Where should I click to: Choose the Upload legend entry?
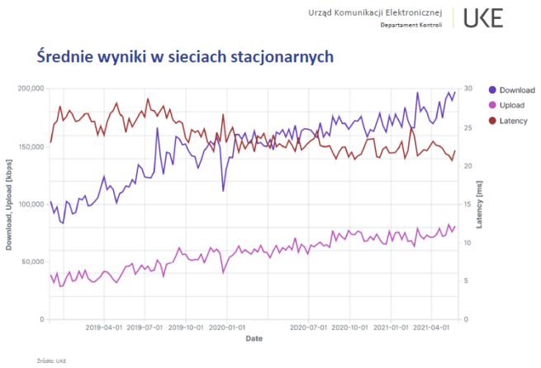[508, 105]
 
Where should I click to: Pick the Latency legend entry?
[510, 121]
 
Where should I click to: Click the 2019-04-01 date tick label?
[103, 327]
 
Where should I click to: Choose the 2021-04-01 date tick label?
[431, 327]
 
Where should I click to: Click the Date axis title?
[254, 339]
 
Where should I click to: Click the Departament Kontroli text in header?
[410, 25]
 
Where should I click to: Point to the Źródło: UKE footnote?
[51, 361]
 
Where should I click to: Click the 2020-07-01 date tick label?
[308, 327]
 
